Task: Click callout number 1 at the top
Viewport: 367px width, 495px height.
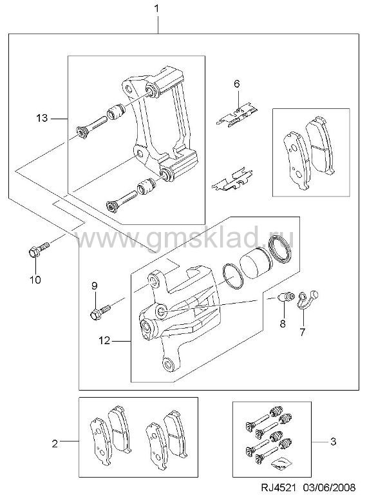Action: tap(156, 8)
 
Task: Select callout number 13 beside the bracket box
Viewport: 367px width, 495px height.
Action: tap(42, 119)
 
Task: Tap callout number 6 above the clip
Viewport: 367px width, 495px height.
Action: tap(237, 84)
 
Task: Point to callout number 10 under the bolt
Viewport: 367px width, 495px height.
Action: tap(35, 279)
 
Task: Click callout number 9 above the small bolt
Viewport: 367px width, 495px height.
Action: tap(95, 286)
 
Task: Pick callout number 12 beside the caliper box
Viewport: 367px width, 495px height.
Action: tap(104, 340)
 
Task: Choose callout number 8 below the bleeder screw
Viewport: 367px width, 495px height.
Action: tap(283, 324)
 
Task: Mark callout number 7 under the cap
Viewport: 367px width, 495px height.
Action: tap(303, 332)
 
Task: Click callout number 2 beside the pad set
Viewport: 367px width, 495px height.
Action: tap(55, 444)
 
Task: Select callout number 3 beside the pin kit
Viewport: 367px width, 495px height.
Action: tap(334, 441)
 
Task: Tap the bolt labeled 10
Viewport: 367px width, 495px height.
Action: tap(39, 249)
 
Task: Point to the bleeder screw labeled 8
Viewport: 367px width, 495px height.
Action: tap(287, 296)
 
